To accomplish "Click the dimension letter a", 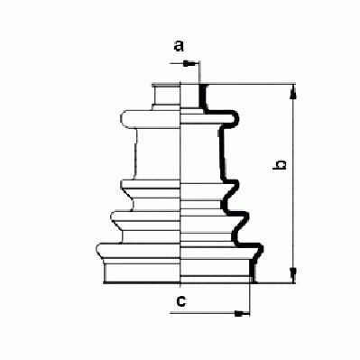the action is pyautogui.click(x=179, y=46).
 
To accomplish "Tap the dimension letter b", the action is pyautogui.click(x=279, y=165).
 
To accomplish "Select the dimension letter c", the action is pyautogui.click(x=181, y=301).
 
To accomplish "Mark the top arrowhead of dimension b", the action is pyautogui.click(x=293, y=91).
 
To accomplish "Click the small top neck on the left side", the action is pyautogui.click(x=166, y=95).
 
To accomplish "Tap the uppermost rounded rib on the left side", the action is pyautogui.click(x=151, y=119).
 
